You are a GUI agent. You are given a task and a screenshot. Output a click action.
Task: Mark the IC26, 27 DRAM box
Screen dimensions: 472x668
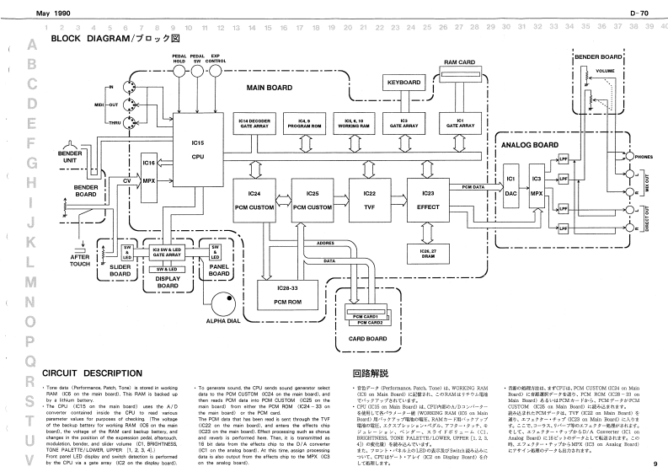(429, 252)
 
